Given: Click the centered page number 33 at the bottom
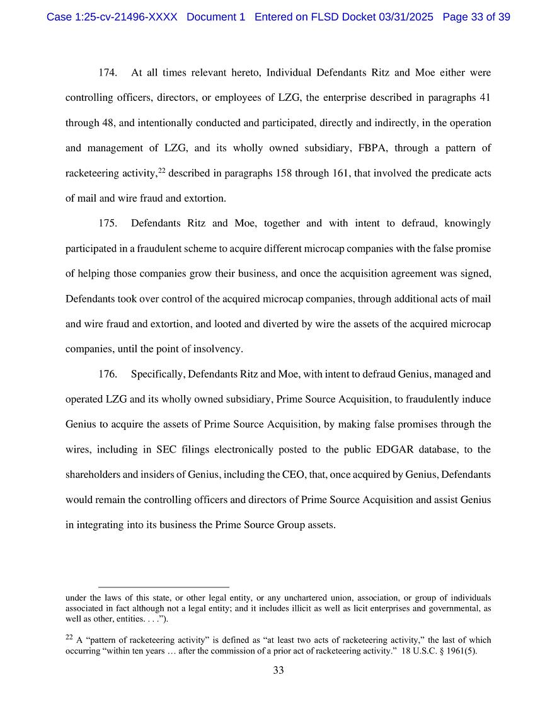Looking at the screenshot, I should tap(278, 671).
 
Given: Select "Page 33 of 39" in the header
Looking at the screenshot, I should tap(476, 17).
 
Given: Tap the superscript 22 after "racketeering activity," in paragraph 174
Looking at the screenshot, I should tap(161, 171).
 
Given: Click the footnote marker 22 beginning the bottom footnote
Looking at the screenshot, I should tap(69, 638).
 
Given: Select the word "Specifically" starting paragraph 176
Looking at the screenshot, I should tap(157, 374).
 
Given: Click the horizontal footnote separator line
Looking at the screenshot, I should tap(164, 587).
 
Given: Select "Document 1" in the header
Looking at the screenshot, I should tap(216, 17).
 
